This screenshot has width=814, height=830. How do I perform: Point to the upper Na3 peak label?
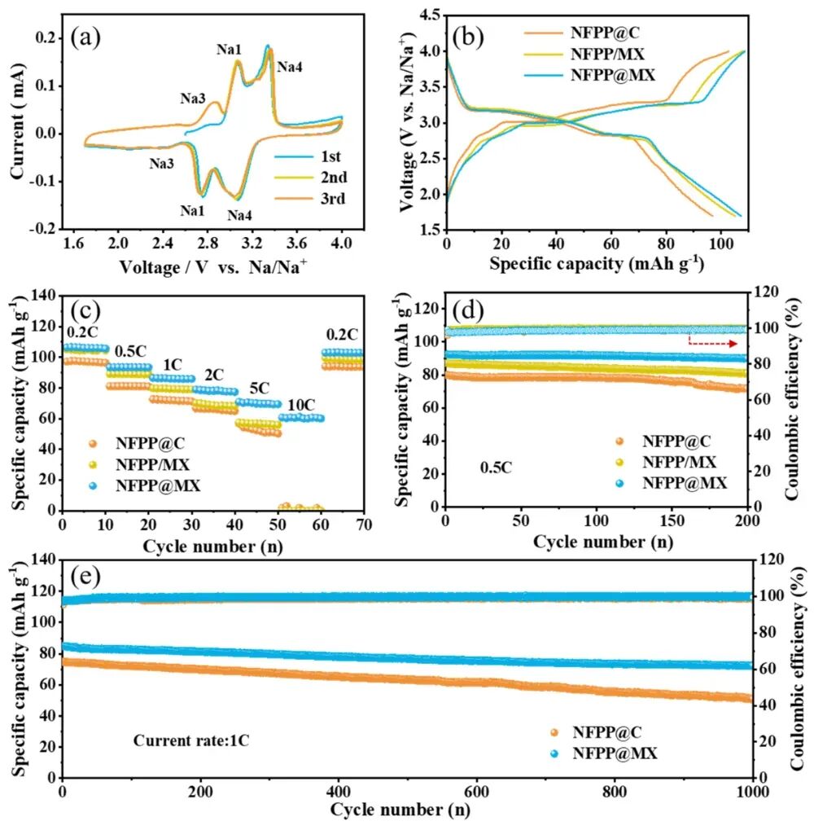click(x=193, y=99)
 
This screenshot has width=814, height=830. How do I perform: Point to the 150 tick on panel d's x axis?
click(x=672, y=520)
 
